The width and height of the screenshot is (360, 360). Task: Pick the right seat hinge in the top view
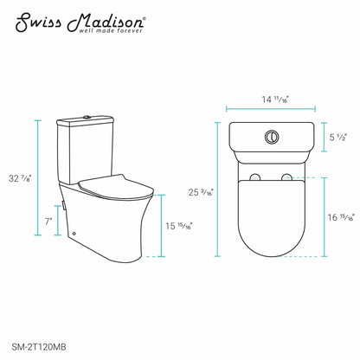coord(287,178)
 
